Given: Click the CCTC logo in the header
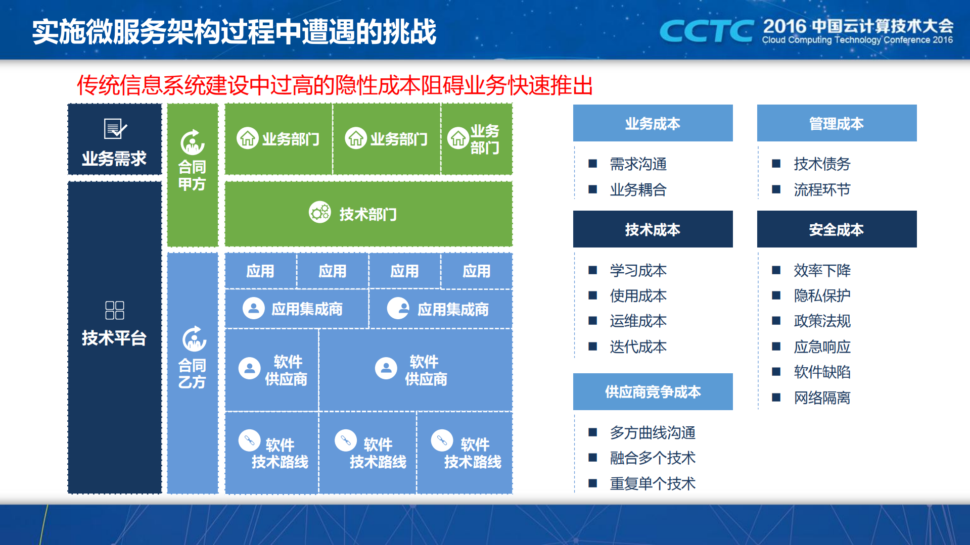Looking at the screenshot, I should point(706,31).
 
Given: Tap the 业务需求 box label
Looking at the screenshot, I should point(114,159).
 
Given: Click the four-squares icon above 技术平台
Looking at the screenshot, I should point(115,310).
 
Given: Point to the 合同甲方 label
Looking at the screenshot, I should point(192,175).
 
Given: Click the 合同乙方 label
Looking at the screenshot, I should point(192,373).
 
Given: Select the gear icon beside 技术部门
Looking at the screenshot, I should point(320,213).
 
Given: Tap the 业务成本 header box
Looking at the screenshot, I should point(653,123).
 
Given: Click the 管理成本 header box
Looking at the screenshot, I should point(837,123).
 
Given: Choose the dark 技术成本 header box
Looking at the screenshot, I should point(653,229).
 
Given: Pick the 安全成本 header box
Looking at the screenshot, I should point(837,229).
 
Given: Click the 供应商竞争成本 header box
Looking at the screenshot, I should point(653,391).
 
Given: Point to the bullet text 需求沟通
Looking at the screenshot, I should point(638,164).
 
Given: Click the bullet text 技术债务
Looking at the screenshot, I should point(822,164).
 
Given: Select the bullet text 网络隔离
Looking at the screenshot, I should point(822,398).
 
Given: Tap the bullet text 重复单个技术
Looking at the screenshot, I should point(653,483).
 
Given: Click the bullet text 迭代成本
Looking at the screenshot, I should point(638,346).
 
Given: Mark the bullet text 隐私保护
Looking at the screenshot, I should point(822,295).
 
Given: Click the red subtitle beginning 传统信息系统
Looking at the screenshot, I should point(334,85).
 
